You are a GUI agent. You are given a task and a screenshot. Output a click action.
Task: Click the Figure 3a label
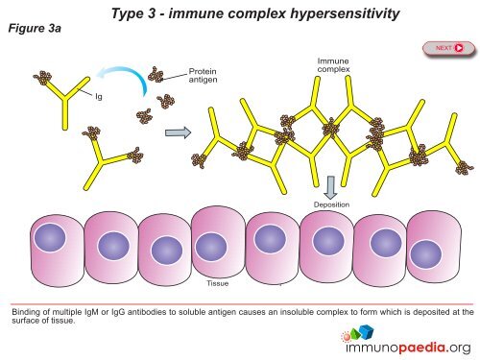point(33,29)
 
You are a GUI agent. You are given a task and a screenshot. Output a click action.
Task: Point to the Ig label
point(99,96)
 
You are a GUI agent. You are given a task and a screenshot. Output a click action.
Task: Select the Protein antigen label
point(204,76)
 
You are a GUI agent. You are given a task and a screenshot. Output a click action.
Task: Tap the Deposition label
point(331,204)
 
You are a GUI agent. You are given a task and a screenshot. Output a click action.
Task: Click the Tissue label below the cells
point(218,283)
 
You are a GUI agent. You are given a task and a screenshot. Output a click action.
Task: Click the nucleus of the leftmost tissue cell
point(49,240)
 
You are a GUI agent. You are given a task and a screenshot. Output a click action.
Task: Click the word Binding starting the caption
point(25,311)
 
